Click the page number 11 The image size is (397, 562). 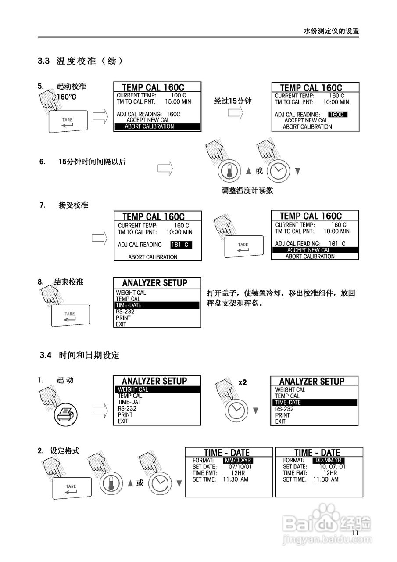coord(355,533)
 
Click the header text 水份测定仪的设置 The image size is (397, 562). coord(331,31)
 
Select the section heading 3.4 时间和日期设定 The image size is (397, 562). coord(79,355)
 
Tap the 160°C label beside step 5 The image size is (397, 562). coord(67,97)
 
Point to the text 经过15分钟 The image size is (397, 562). coord(232,101)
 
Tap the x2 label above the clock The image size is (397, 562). coord(242,382)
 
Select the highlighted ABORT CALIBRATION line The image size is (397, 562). coord(157,126)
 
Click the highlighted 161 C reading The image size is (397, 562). coord(181,245)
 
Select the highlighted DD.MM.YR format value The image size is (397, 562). coord(329,460)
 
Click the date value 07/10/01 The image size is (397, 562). coord(240,467)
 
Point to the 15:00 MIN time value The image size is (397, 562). coord(178,101)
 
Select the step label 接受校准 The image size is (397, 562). coord(73,205)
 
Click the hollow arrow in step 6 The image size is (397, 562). coord(165,168)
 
